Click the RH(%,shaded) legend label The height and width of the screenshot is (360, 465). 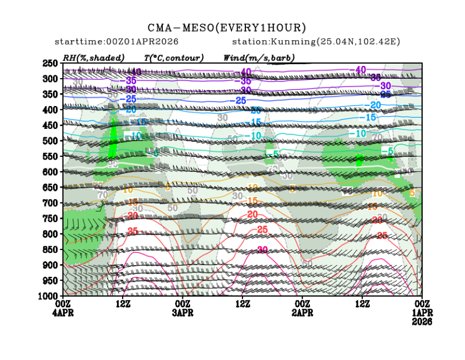tap(94, 57)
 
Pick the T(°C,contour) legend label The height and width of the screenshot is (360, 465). tap(173, 57)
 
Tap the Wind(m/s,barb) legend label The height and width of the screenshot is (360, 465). tap(259, 57)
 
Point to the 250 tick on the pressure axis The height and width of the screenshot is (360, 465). tap(51, 64)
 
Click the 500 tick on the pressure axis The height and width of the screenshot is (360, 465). tap(51, 141)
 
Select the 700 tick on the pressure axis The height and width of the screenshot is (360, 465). tap(51, 203)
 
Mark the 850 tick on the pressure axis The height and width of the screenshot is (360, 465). tap(51, 249)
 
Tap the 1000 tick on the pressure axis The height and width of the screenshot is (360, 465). tap(49, 295)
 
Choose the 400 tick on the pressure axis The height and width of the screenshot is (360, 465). tap(51, 110)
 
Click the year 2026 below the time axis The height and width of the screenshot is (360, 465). tap(422, 321)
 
